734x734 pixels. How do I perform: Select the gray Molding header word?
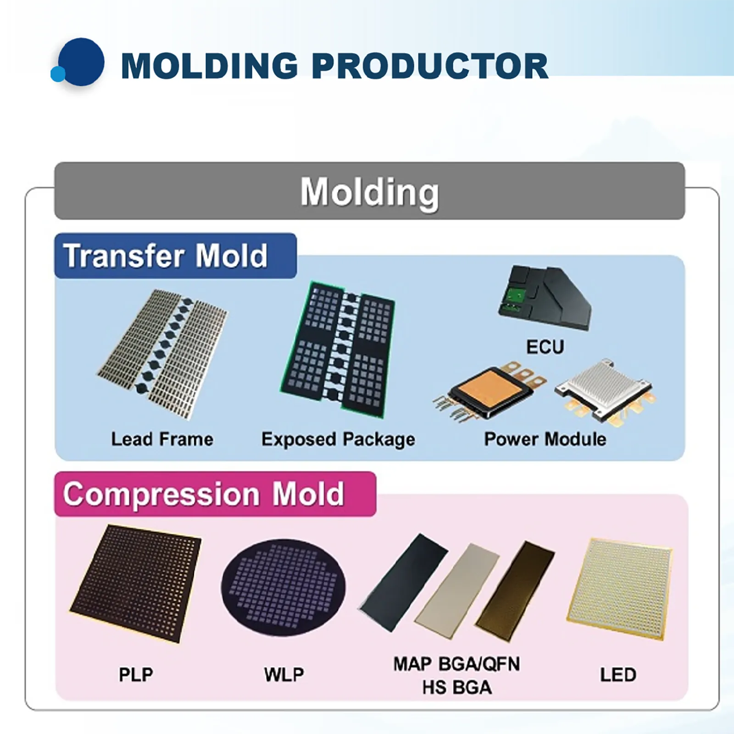pos(370,192)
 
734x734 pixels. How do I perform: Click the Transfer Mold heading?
pos(166,256)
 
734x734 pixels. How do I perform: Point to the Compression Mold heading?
pos(204,494)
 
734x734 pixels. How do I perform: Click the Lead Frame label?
pos(162,439)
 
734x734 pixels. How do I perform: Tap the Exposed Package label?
pos(339,439)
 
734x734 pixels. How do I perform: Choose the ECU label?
pos(545,347)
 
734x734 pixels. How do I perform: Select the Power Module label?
pos(545,439)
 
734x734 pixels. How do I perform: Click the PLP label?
pos(136,675)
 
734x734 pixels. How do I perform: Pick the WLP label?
pos(284,675)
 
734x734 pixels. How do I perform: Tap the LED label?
pos(618,675)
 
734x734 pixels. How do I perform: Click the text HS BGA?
pos(457,688)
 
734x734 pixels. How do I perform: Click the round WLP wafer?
pos(284,587)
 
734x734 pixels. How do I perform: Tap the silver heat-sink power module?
pos(604,391)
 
